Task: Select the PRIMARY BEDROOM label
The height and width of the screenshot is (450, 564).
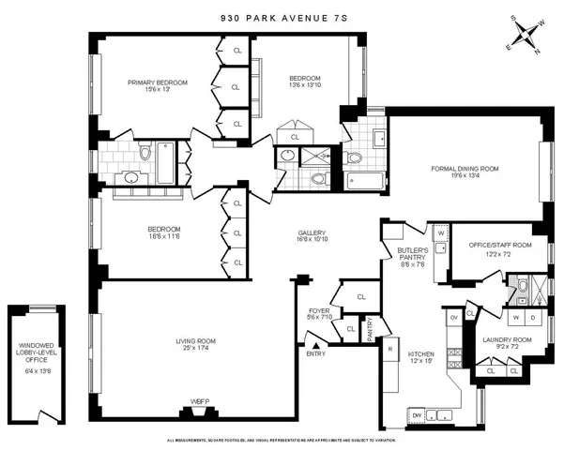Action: [157, 82]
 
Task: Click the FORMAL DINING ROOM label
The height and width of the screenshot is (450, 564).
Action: [465, 169]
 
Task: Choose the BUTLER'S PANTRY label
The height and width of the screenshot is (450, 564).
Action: [413, 253]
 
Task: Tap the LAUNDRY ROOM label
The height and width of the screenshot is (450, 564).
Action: [507, 339]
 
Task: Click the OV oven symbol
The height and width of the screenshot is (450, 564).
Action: [454, 317]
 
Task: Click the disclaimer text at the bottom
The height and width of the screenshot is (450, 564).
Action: [282, 440]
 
